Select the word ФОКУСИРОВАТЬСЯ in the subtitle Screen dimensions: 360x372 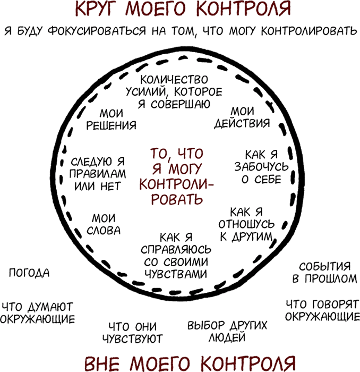click(x=97, y=31)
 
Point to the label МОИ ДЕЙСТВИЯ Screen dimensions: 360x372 click(x=242, y=117)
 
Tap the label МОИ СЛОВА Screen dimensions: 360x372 click(x=104, y=224)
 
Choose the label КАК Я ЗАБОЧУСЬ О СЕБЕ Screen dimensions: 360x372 click(x=261, y=167)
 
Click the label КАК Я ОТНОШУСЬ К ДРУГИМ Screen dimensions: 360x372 click(x=247, y=224)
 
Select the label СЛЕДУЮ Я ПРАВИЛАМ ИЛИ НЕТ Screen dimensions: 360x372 click(x=98, y=174)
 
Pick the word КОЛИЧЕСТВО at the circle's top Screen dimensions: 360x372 click(x=174, y=80)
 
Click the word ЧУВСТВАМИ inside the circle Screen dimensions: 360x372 click(x=176, y=274)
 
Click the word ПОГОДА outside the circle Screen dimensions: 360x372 click(x=29, y=273)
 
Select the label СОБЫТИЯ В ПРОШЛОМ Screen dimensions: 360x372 click(x=324, y=273)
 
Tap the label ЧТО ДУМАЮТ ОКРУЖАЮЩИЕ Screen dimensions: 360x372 click(x=38, y=313)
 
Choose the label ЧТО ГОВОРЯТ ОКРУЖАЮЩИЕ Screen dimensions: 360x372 click(x=322, y=310)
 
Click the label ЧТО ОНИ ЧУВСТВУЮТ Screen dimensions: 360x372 click(x=133, y=333)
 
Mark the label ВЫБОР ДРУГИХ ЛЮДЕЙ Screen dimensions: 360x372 click(x=227, y=331)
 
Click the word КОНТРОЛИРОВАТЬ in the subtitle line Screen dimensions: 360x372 click(x=309, y=31)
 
